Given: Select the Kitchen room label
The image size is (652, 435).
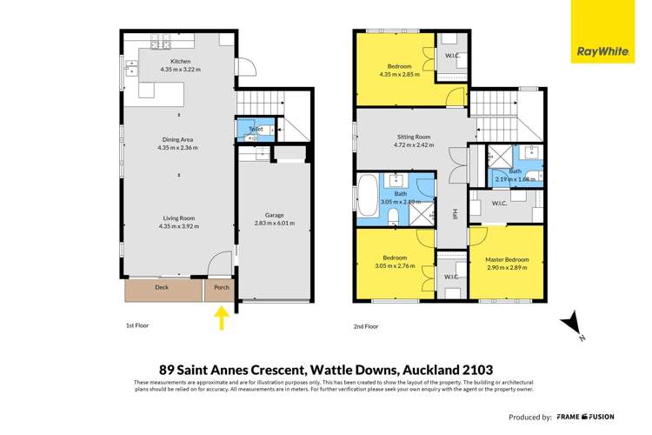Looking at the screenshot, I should [x=180, y=61].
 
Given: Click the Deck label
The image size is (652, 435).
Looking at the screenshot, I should [x=161, y=286].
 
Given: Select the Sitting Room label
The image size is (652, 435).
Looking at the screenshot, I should [x=407, y=137].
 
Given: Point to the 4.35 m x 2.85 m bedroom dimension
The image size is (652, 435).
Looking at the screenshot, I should [x=400, y=75].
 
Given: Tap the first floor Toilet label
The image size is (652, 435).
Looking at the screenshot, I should [x=256, y=129].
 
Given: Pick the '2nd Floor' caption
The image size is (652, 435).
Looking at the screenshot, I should [x=364, y=326].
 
